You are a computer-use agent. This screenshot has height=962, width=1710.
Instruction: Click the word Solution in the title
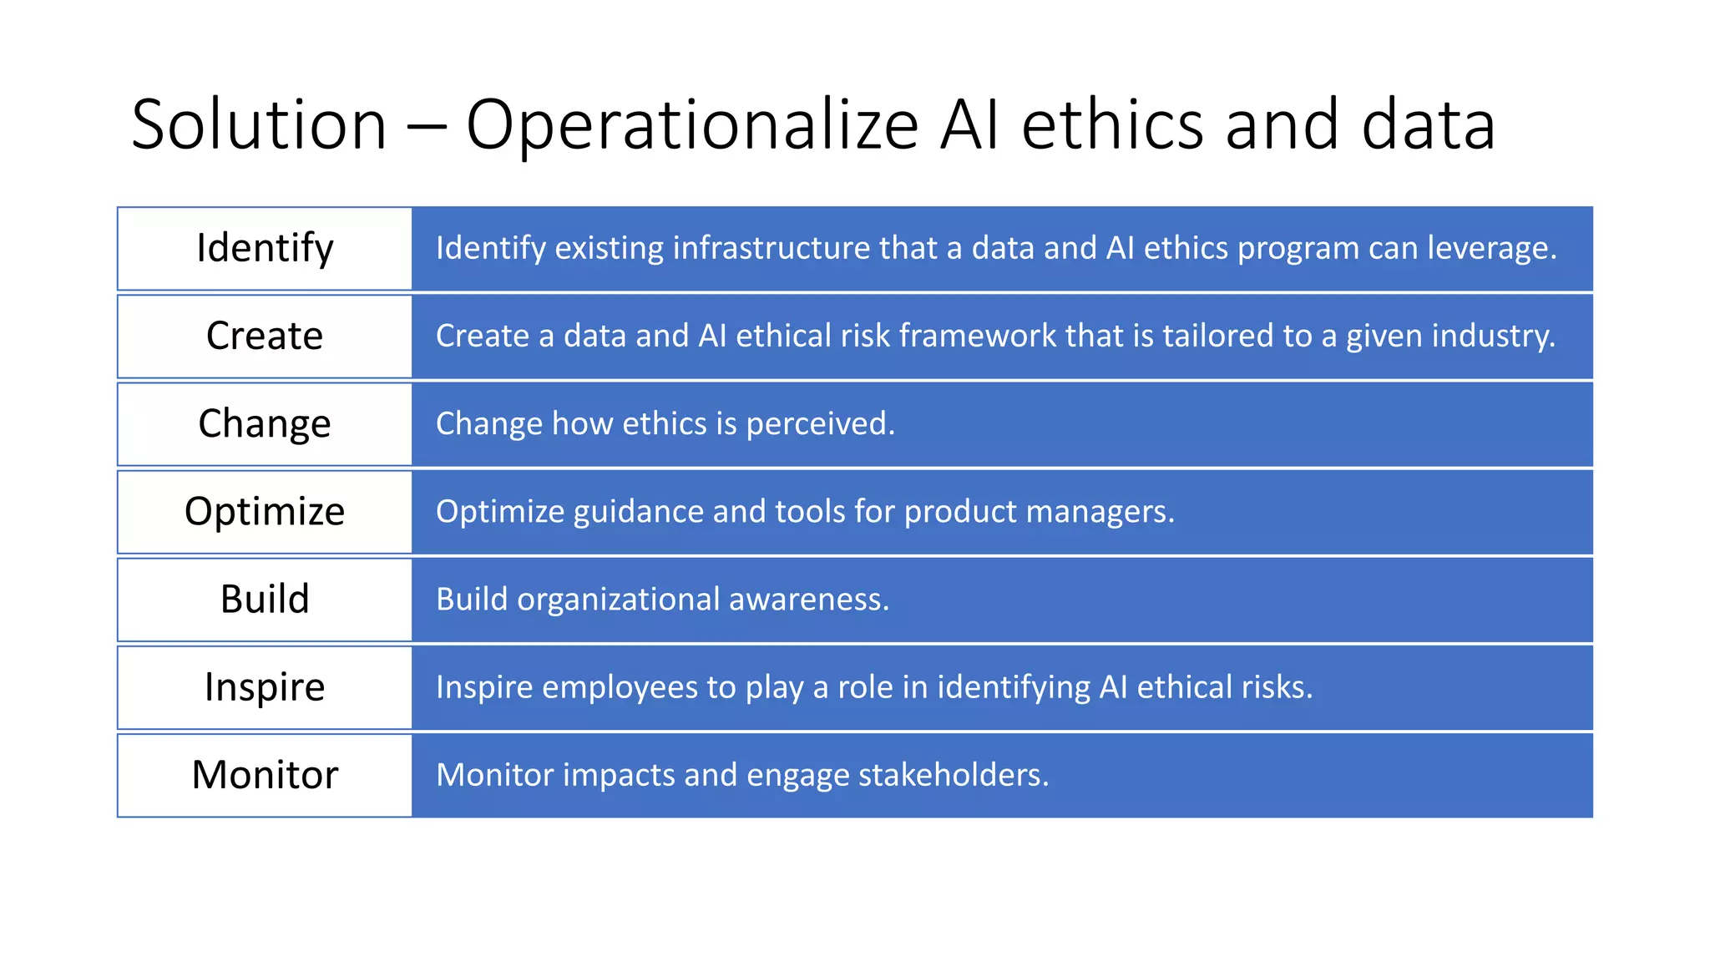point(259,125)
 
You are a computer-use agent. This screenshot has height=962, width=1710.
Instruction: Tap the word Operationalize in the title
point(691,125)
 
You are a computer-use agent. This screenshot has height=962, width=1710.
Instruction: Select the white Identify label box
point(265,249)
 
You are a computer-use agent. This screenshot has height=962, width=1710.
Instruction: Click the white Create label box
point(265,337)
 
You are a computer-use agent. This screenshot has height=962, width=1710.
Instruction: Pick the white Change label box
point(265,424)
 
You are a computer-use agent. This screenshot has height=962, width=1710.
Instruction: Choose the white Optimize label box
point(265,512)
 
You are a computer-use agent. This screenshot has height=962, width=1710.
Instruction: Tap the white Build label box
point(265,600)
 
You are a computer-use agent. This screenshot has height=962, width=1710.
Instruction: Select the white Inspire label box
point(265,687)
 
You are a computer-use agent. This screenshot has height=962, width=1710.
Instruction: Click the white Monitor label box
point(265,775)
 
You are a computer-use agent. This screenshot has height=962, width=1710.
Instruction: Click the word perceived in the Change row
point(820,424)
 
